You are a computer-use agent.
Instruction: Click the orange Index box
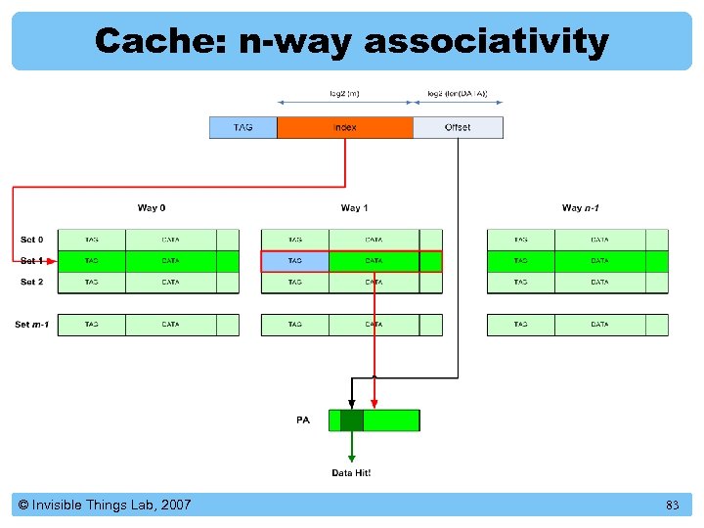(x=344, y=127)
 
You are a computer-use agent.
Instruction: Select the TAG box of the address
(x=242, y=127)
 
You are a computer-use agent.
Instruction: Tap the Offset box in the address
(x=458, y=127)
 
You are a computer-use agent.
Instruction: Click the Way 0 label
(x=152, y=207)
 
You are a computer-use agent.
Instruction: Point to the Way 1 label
(x=355, y=207)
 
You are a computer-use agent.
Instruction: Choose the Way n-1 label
(x=581, y=207)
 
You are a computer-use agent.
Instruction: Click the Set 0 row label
(x=32, y=240)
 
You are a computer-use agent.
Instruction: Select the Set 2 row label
(x=32, y=282)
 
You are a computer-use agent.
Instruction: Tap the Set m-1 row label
(x=32, y=324)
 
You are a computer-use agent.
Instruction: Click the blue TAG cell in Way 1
(x=294, y=261)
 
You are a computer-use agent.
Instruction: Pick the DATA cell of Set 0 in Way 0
(x=170, y=240)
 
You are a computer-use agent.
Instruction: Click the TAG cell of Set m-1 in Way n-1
(x=520, y=324)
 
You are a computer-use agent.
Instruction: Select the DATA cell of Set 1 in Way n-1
(x=599, y=261)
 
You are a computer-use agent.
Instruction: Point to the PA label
(x=303, y=419)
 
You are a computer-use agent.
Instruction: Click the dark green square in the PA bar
(x=351, y=420)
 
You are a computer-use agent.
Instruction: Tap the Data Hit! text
(x=351, y=473)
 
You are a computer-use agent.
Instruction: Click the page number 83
(x=672, y=506)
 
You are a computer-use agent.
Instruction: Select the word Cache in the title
(x=161, y=41)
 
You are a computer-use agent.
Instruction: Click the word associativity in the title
(x=486, y=41)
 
